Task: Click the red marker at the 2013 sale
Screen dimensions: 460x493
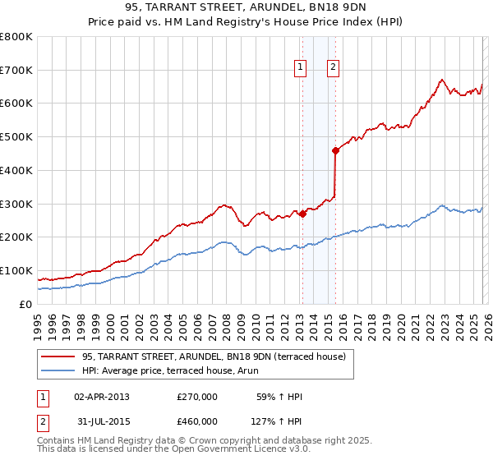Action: [302, 214]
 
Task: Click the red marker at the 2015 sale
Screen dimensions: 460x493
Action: [335, 150]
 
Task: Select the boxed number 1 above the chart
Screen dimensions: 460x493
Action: [301, 68]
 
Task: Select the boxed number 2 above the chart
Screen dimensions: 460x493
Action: [334, 68]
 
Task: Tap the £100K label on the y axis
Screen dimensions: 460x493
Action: [16, 270]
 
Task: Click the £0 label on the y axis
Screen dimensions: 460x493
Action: [25, 304]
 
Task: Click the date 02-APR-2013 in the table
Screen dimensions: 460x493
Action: [102, 397]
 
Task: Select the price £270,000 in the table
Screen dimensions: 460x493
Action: [197, 397]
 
